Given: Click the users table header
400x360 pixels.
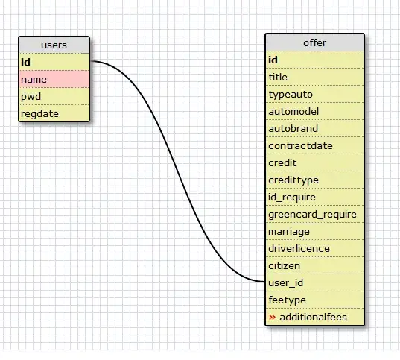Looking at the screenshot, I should [54, 45].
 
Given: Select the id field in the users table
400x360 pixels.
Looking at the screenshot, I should [54, 62].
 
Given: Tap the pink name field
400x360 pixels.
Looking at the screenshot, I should [54, 79].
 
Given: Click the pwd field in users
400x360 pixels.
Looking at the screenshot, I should [54, 96].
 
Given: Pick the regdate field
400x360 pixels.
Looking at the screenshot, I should [54, 113].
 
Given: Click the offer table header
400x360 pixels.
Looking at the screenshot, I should [314, 42].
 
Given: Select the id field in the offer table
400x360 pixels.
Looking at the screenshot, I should [314, 60].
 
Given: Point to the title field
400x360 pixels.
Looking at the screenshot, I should [314, 77].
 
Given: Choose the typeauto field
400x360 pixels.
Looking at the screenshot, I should [314, 94].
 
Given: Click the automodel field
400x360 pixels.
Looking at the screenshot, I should [314, 111].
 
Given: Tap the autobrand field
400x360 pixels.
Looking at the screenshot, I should [314, 128].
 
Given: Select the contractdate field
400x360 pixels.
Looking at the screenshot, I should [314, 145].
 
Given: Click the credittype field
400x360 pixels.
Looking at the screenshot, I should [314, 180].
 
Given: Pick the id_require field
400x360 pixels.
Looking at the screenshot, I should [314, 197].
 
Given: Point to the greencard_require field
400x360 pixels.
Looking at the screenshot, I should [314, 214].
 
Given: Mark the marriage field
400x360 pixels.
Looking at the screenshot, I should [314, 231].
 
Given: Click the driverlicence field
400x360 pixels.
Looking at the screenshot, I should [314, 248].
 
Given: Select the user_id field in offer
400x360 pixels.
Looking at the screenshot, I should [314, 282].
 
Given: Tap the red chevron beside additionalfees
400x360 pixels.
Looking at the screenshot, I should [272, 318].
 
